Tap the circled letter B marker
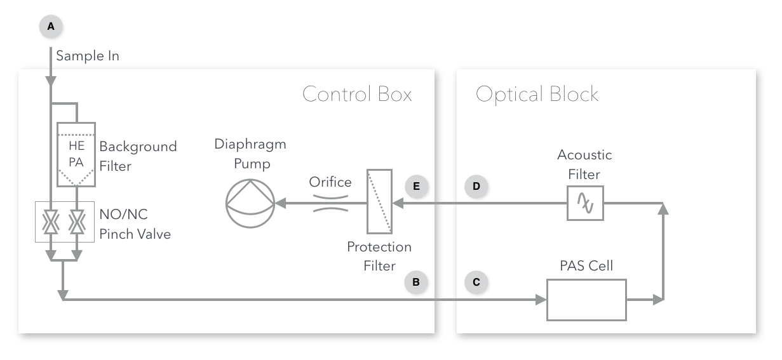point(416,282)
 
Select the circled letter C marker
point(476,282)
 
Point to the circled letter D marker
point(476,187)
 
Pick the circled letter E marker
point(416,187)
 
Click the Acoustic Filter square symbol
point(584,204)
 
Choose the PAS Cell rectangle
point(586,299)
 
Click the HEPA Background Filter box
point(76,154)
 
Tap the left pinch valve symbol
point(50,223)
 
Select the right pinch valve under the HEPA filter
point(76,223)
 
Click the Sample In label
point(88,56)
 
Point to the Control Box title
point(356,95)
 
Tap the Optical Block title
point(537,95)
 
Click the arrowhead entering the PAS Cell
point(542,299)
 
